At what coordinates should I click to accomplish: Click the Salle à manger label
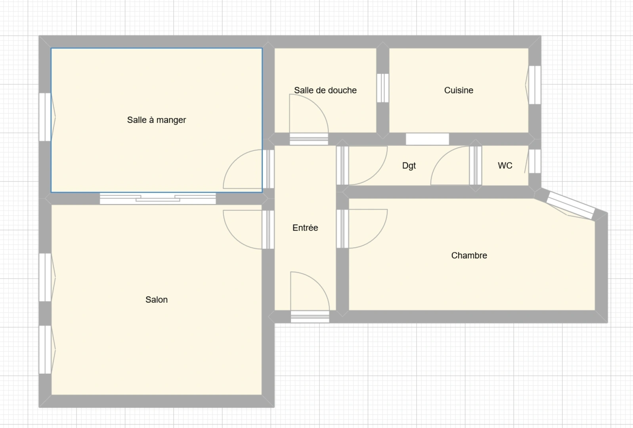pyautogui.click(x=157, y=120)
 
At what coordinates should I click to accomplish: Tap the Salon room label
pyautogui.click(x=157, y=300)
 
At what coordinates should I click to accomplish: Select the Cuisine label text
pyautogui.click(x=459, y=90)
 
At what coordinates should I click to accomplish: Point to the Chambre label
pyautogui.click(x=469, y=255)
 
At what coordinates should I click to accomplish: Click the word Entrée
pyautogui.click(x=305, y=227)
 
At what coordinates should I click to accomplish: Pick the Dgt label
pyautogui.click(x=409, y=166)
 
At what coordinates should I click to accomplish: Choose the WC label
pyautogui.click(x=505, y=166)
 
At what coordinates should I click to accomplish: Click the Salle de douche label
pyautogui.click(x=325, y=90)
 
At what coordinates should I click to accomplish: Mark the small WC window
pyautogui.click(x=534, y=161)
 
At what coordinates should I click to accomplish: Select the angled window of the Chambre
pyautogui.click(x=570, y=206)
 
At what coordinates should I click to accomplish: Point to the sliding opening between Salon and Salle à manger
pyautogui.click(x=158, y=198)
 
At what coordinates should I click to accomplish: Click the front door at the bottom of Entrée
pyautogui.click(x=310, y=297)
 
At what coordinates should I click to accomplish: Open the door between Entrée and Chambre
pyautogui.click(x=362, y=229)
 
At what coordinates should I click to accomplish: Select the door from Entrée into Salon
pyautogui.click(x=249, y=229)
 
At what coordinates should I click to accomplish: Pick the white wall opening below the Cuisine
pyautogui.click(x=427, y=139)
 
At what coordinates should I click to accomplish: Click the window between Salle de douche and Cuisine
pyautogui.click(x=382, y=88)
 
